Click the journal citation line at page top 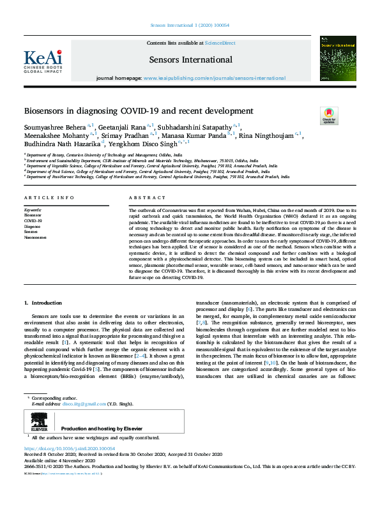(190, 25)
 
